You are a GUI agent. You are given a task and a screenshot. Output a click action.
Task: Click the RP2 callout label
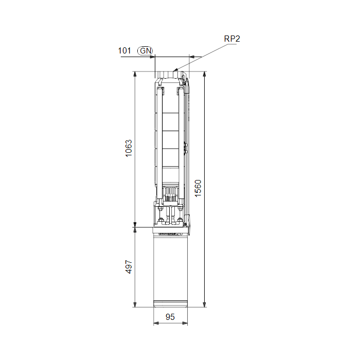232,39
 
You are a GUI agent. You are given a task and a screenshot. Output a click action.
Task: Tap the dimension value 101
124,50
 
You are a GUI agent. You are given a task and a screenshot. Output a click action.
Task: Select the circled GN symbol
145,51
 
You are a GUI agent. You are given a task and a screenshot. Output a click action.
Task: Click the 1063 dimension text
129,148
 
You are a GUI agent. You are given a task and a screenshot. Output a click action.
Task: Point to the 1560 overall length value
198,188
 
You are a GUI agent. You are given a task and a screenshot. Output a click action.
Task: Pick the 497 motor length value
129,267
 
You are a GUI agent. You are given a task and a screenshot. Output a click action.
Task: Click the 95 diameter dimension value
170,317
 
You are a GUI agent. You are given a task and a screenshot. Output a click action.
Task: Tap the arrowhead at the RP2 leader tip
175,70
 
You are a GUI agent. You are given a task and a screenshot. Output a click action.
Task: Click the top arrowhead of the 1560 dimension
204,74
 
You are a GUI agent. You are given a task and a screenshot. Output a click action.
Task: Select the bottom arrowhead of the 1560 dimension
204,304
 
